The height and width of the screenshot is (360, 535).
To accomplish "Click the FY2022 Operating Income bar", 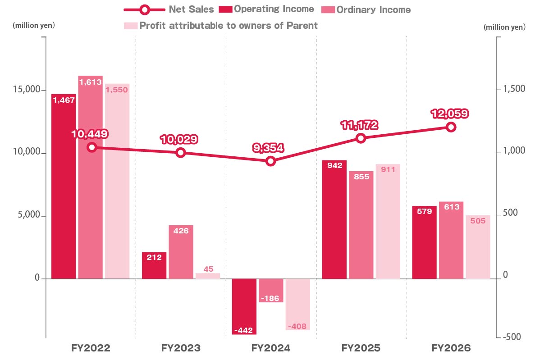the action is point(64,187).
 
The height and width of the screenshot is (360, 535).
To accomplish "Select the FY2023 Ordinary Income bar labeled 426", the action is point(181,252).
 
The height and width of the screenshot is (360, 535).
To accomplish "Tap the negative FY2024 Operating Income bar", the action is point(244,306).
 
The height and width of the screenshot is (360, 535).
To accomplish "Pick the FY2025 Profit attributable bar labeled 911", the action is point(388,222).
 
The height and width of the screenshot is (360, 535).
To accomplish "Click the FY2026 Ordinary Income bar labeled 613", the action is point(451,240).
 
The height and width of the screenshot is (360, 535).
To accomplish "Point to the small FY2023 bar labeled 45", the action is point(208,276).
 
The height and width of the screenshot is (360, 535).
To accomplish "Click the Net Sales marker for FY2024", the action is point(270,161).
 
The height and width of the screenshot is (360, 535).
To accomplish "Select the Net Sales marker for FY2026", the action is point(451,127).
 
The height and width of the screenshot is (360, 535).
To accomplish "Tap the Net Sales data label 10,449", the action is point(90,134).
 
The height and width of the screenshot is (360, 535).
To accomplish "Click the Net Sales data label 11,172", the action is point(360,125).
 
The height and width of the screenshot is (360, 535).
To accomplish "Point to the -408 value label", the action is point(297,326).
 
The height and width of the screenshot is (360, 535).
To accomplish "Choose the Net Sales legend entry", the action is point(169,9).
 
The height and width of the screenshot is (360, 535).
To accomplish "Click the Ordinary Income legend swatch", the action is point(328,9).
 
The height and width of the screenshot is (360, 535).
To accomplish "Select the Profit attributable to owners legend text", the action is point(229,26).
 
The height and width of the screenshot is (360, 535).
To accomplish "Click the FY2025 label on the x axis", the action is point(361,348).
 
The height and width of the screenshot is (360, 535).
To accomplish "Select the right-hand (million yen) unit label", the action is point(505,27).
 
